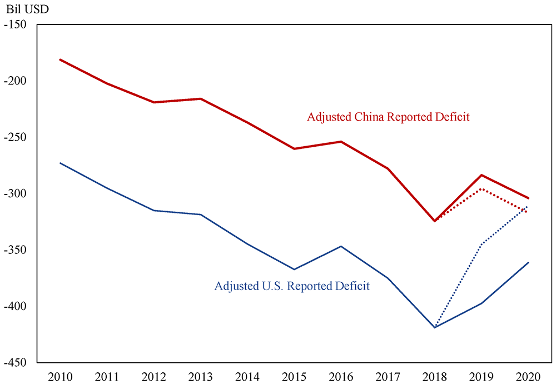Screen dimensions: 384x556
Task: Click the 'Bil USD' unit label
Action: (x=27, y=10)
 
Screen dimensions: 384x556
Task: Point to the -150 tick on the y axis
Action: (x=18, y=24)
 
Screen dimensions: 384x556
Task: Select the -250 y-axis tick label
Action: (x=18, y=137)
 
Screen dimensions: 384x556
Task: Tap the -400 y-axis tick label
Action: (x=18, y=306)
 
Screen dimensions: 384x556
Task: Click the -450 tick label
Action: (x=18, y=362)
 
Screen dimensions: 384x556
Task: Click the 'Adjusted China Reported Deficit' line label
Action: (x=388, y=117)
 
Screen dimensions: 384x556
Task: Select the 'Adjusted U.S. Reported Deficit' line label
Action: (x=292, y=286)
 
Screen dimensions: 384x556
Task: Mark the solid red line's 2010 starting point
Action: (x=60, y=59)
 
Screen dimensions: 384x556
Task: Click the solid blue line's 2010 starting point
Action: (x=60, y=163)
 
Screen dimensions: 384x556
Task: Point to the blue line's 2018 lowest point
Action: (x=435, y=327)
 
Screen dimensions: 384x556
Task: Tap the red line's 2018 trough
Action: (x=435, y=221)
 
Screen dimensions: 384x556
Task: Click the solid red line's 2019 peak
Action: (x=481, y=175)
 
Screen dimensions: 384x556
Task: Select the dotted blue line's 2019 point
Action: (x=481, y=243)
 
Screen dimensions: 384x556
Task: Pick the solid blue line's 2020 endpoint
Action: (x=528, y=262)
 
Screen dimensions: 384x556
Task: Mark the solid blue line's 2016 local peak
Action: (x=341, y=246)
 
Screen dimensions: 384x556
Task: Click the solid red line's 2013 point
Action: (x=201, y=99)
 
